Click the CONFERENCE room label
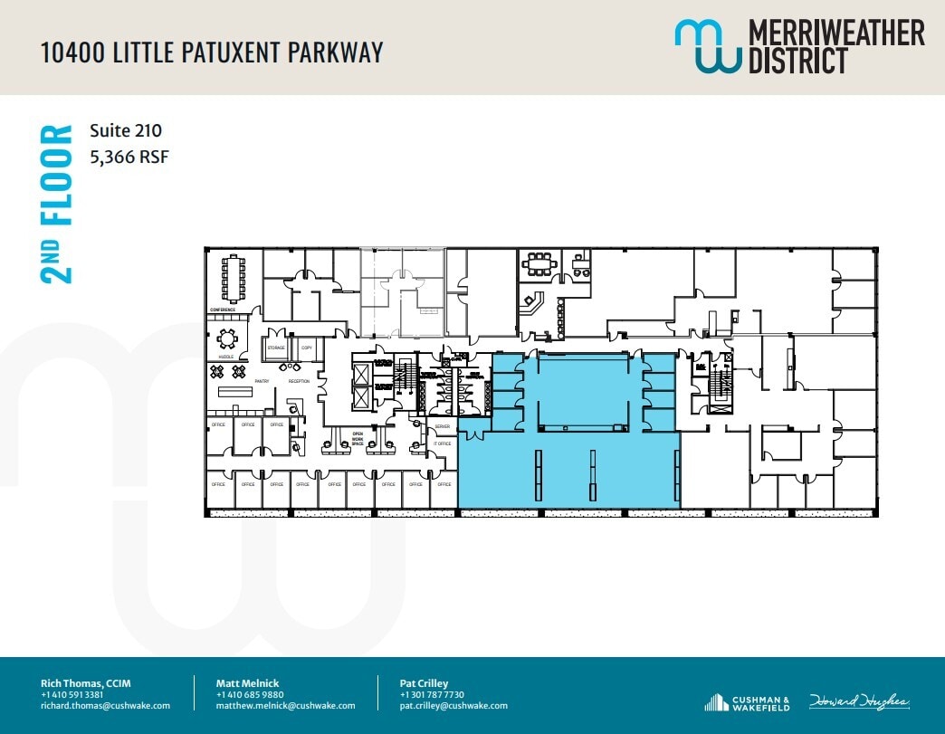point(223,310)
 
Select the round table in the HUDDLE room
point(225,338)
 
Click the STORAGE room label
point(276,348)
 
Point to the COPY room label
point(307,348)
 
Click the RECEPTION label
point(299,381)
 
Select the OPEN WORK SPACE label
point(358,439)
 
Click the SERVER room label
point(442,426)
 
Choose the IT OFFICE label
point(442,443)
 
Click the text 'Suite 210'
point(126,131)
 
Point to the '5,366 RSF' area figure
point(129,157)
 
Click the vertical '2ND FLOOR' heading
point(56,205)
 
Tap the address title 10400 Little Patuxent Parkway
point(212,52)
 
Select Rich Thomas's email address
point(105,706)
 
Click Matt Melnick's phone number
point(243,694)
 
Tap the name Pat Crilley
point(424,682)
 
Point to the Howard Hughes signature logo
point(859,702)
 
